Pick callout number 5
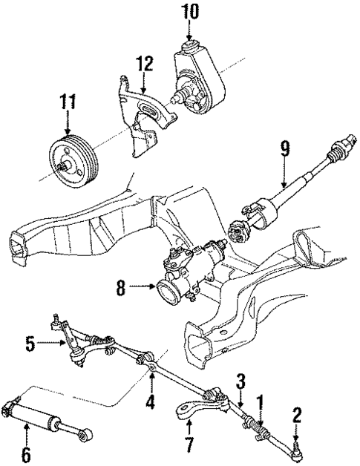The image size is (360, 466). click(x=29, y=344)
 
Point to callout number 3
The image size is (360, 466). click(x=240, y=381)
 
